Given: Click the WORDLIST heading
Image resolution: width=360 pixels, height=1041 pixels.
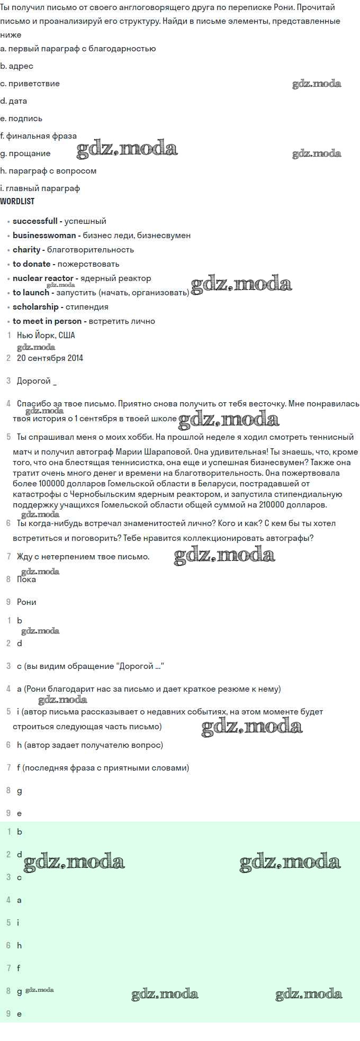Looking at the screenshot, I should [17, 201].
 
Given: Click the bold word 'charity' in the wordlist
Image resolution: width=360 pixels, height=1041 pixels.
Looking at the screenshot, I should [26, 250].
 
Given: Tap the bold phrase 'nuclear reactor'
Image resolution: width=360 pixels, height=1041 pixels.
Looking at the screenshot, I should [43, 278].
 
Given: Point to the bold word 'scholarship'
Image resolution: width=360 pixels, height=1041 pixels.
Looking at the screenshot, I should [35, 307].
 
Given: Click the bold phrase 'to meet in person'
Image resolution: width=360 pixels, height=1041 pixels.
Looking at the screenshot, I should [47, 321].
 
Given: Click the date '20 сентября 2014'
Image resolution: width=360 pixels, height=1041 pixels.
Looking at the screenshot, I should [50, 358].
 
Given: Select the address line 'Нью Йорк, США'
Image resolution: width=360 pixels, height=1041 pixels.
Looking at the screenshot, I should [46, 336].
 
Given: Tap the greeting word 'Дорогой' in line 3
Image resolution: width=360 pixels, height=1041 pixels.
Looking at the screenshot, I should [34, 381].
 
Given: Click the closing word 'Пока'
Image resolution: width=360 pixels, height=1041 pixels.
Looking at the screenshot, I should [26, 580].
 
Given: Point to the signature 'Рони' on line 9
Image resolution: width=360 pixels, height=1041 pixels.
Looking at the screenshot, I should [26, 602].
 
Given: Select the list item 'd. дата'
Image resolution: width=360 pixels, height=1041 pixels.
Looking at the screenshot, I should [14, 101].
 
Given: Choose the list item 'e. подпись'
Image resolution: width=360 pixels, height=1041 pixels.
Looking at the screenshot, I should [21, 119].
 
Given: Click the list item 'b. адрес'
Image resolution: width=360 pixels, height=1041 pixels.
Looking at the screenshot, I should [17, 66].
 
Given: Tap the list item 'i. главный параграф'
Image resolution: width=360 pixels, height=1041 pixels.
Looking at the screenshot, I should [40, 188].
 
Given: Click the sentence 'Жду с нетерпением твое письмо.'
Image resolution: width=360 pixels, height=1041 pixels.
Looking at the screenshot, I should [83, 557].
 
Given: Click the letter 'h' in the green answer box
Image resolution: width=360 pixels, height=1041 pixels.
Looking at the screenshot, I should [20, 946].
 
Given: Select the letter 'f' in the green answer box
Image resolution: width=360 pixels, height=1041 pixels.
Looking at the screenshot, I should [19, 968].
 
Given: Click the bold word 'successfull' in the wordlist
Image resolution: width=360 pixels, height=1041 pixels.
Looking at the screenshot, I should [35, 221].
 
